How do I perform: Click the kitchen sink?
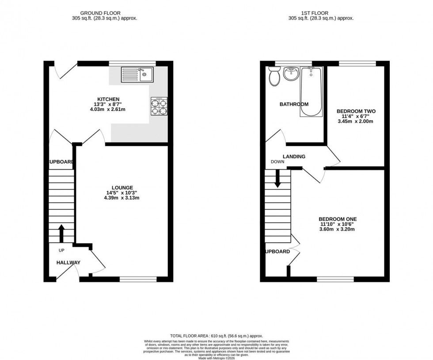click(137, 74)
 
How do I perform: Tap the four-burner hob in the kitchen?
click(160, 106)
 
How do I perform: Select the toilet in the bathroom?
click(274, 77)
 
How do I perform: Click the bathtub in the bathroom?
click(311, 92)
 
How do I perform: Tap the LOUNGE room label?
click(122, 188)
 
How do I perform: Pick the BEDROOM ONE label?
click(338, 219)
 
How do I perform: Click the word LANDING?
click(294, 157)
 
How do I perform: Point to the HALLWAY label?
click(68, 263)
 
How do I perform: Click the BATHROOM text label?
click(294, 104)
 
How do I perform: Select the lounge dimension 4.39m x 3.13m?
click(122, 198)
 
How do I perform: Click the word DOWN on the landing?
click(277, 162)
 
